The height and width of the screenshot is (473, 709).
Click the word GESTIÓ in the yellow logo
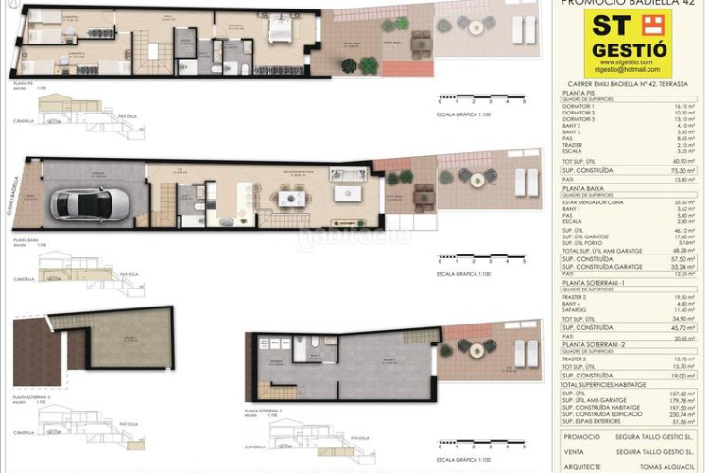629,50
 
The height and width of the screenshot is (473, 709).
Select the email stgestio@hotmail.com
628,70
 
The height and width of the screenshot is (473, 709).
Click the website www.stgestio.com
628,62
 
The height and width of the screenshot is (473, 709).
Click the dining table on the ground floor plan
290,198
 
